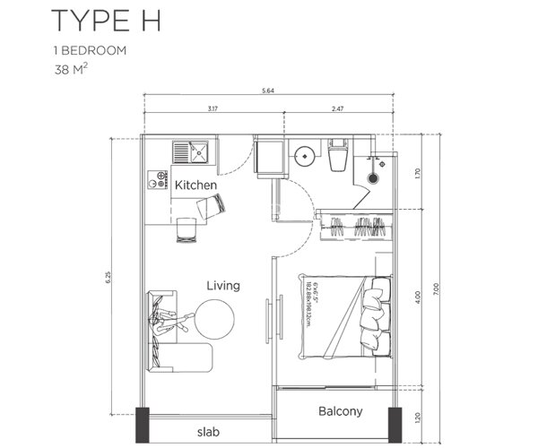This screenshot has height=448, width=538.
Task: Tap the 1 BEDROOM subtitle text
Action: click(x=95, y=50)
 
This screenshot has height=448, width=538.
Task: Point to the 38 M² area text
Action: click(x=74, y=67)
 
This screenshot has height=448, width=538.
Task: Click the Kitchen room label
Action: click(x=195, y=185)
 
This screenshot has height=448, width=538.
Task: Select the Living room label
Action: click(x=222, y=286)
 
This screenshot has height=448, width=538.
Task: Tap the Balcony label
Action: click(x=340, y=412)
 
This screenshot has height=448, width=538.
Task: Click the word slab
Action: click(x=207, y=430)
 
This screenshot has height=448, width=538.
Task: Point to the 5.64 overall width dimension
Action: click(x=267, y=90)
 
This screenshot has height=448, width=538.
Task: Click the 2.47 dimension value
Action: click(x=339, y=108)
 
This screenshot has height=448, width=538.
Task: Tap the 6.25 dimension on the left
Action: click(x=104, y=278)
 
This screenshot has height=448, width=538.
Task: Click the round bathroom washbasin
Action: click(x=305, y=155)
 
